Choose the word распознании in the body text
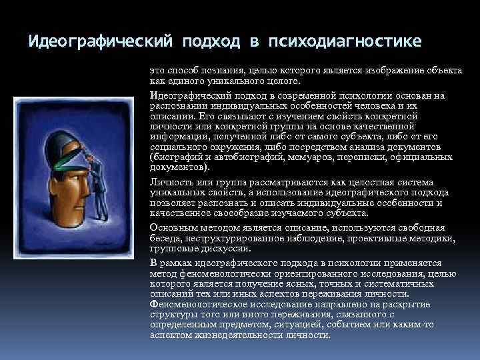coord(179,105)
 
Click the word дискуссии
coord(228,248)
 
